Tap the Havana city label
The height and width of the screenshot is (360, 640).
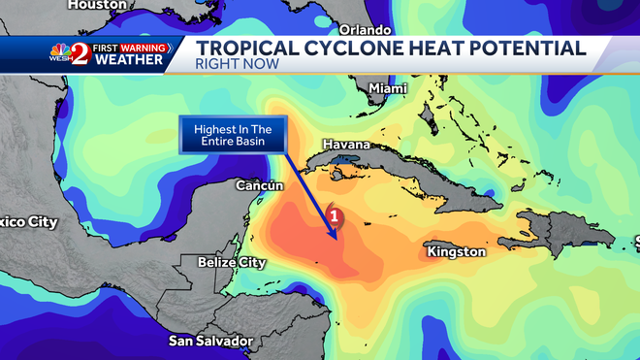pyautogui.click(x=346, y=145)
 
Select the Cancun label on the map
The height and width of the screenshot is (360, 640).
pyautogui.click(x=260, y=184)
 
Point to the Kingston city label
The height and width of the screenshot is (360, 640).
pyautogui.click(x=456, y=251)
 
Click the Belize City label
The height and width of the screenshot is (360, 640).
pyautogui.click(x=231, y=262)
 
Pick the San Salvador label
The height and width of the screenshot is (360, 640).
pyautogui.click(x=210, y=341)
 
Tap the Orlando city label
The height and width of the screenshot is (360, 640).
pyautogui.click(x=366, y=30)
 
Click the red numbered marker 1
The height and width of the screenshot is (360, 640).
pyautogui.click(x=335, y=214)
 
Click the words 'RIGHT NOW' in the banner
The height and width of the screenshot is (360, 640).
pyautogui.click(x=238, y=64)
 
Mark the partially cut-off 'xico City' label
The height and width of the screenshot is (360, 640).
pyautogui.click(x=28, y=222)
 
